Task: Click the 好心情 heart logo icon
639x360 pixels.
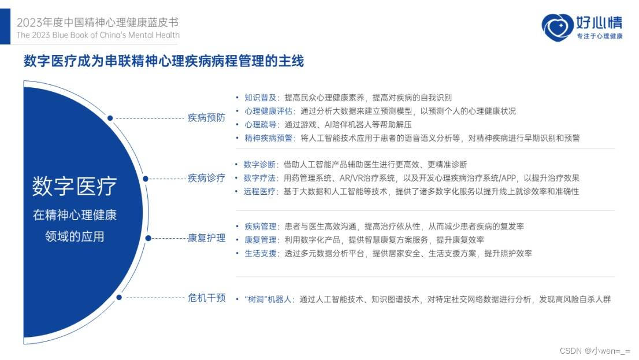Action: pos(556,27)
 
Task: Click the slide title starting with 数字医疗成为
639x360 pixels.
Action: pos(164,61)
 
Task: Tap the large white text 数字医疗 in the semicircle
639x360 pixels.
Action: pos(74,186)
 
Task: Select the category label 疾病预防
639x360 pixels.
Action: pos(206,118)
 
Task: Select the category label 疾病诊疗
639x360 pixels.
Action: pos(206,178)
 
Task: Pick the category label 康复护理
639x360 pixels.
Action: pos(206,237)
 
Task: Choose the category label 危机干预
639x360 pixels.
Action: pos(206,298)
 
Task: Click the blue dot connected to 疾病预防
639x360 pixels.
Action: pos(110,118)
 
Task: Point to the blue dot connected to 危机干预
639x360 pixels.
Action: pos(119,298)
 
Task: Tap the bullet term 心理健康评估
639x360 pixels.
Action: pos(269,111)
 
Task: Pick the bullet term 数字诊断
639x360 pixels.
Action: pos(259,164)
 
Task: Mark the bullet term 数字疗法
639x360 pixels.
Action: pos(259,177)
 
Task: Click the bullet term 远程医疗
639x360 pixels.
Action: pos(259,191)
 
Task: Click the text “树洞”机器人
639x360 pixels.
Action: pos(269,299)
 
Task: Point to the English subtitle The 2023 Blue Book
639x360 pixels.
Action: pos(98,35)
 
